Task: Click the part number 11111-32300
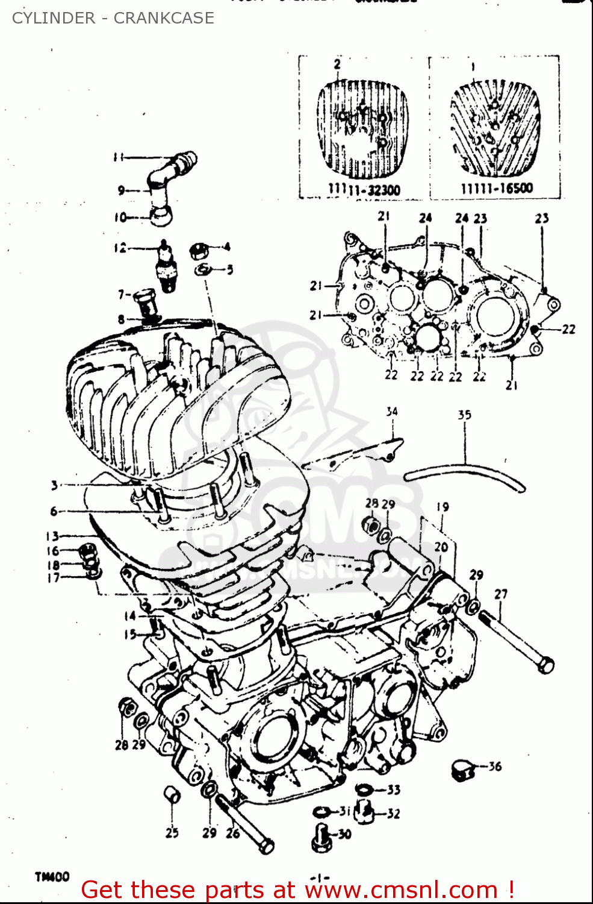point(364,190)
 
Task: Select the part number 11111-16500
point(497,189)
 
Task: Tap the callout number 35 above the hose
point(464,415)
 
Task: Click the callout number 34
point(392,412)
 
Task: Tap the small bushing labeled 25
point(172,796)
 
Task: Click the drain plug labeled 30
point(321,837)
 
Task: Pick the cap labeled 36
point(462,770)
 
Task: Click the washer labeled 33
point(365,789)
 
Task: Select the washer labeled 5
point(203,269)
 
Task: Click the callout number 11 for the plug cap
point(119,157)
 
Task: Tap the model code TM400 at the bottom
point(52,877)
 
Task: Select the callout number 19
point(442,507)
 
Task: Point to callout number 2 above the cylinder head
point(337,64)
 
